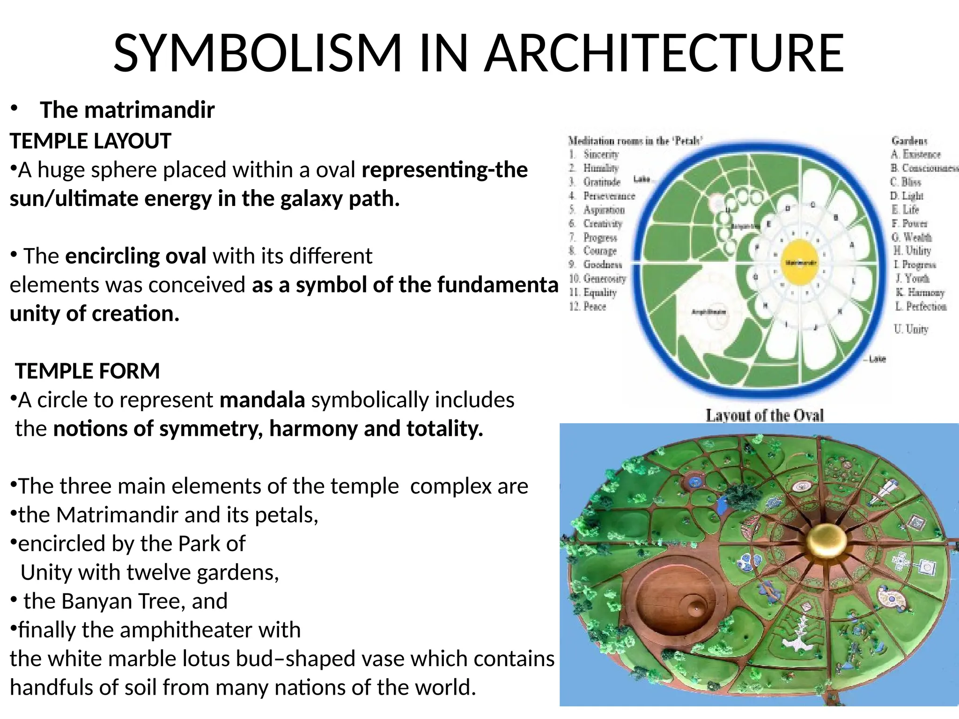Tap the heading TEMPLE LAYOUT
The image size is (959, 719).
[x=90, y=141]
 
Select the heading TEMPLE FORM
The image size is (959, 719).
[x=88, y=371]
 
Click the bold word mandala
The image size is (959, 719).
[x=262, y=400]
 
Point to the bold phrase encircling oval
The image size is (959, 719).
[x=135, y=256]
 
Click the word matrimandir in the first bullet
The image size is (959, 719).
[x=149, y=110]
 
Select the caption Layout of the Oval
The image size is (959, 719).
[x=764, y=415]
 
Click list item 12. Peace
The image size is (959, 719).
[x=588, y=307]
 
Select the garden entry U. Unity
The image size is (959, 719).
[x=911, y=329]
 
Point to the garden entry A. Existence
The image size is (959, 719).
[x=915, y=154]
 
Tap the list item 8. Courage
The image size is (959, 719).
[x=594, y=251]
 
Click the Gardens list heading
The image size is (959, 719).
[x=909, y=140]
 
